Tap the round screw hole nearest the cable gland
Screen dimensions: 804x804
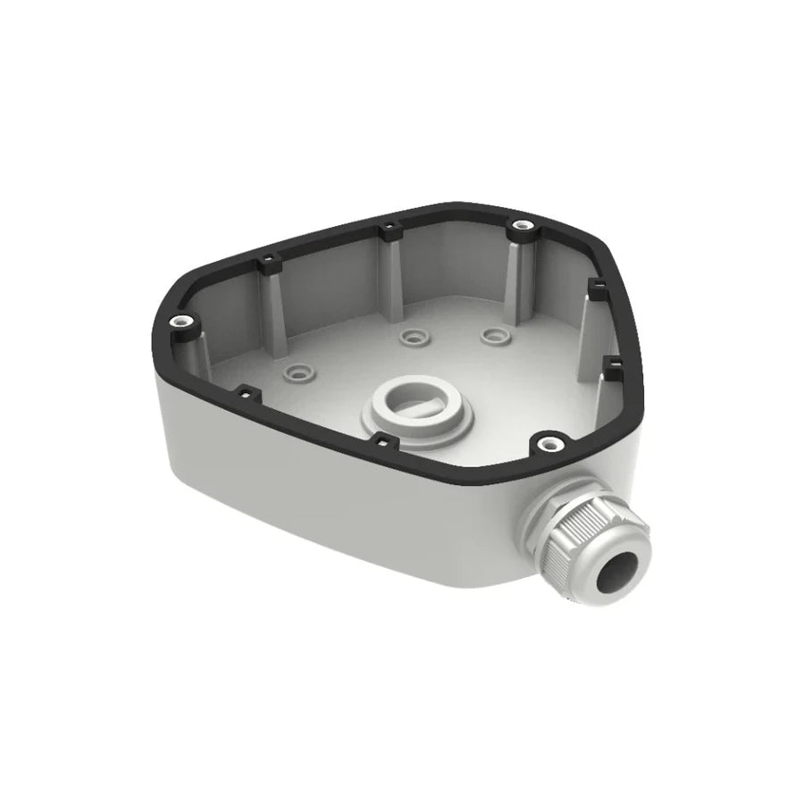tap(547, 441)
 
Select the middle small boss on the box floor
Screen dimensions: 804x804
tap(411, 338)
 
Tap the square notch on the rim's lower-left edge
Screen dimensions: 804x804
tap(244, 390)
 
